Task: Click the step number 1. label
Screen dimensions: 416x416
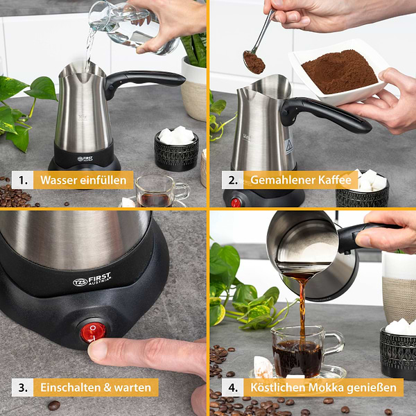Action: click(x=23, y=180)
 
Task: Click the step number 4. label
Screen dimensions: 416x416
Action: click(x=233, y=388)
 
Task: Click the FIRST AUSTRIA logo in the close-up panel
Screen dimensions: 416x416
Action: click(x=92, y=279)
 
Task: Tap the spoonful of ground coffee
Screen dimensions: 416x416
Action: click(x=254, y=62)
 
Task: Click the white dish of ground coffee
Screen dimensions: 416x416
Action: click(x=338, y=72)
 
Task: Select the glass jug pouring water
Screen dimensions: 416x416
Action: click(x=132, y=26)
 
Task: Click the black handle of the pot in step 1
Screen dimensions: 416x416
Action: click(x=144, y=81)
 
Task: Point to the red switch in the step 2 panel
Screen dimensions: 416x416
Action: click(x=235, y=202)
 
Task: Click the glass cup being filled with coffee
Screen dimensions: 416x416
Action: click(x=305, y=352)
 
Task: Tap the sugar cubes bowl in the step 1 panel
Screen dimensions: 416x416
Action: click(x=176, y=148)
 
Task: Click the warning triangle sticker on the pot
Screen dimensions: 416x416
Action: click(x=288, y=146)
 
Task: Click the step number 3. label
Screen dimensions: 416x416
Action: click(x=23, y=388)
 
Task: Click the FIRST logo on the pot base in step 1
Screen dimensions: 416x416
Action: click(x=85, y=159)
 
